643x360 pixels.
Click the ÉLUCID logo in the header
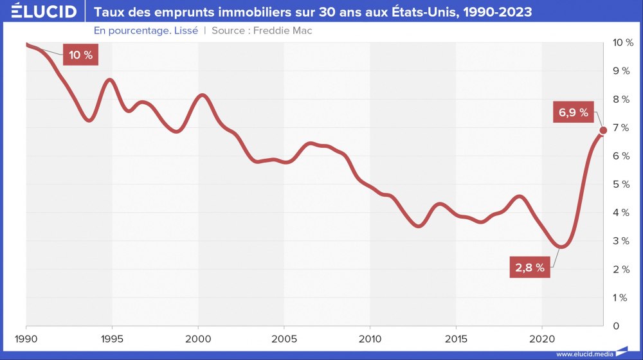click(40, 12)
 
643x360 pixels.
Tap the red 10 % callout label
click(80, 55)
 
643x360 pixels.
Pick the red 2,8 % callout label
click(530, 268)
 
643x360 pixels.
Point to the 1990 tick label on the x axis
click(26, 338)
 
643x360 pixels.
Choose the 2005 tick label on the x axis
click(284, 338)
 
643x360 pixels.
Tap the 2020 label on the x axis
click(541, 338)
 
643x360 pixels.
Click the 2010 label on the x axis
click(370, 338)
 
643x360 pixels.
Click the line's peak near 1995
click(111, 80)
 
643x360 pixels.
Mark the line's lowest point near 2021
click(561, 246)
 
